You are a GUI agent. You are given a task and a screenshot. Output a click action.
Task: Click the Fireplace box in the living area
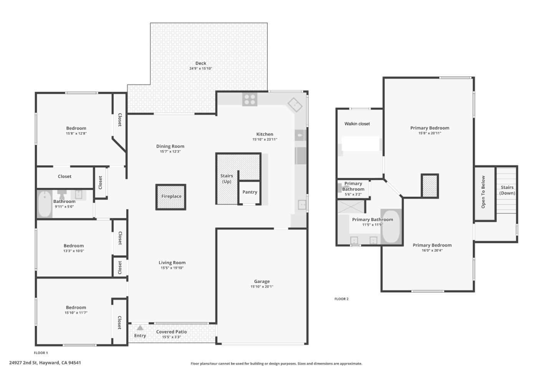[171, 197]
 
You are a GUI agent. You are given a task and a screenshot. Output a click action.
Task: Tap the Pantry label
[250, 192]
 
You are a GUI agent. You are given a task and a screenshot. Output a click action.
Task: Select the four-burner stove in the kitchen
[250, 100]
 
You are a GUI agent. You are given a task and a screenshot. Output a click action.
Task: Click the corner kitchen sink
[295, 104]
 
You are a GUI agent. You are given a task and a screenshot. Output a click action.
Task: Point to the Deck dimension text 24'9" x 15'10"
[200, 69]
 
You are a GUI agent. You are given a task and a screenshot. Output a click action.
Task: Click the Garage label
[262, 281]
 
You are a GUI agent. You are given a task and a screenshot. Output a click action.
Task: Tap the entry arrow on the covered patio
[140, 328]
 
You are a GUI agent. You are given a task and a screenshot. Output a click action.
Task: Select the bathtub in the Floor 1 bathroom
[45, 204]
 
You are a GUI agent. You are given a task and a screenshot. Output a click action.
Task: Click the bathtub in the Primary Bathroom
[391, 226]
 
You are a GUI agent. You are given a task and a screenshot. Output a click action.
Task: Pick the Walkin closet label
[357, 124]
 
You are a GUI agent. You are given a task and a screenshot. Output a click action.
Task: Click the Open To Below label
[483, 192]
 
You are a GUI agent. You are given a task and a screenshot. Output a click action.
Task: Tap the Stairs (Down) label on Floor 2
[507, 190]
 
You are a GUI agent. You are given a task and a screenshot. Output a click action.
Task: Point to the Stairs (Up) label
[227, 179]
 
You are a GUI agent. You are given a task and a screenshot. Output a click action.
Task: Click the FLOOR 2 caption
[341, 299]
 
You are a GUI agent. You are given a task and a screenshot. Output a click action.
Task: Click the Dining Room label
[170, 146]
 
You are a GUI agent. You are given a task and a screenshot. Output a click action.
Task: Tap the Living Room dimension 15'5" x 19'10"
[172, 268]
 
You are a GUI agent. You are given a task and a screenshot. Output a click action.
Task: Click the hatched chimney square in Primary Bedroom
[430, 186]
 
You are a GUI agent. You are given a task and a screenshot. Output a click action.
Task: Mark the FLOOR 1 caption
[41, 353]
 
